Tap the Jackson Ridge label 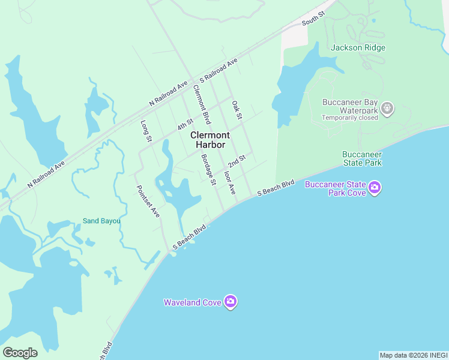tap(358, 47)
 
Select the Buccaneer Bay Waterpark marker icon tap(387, 107)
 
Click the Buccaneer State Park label tap(362, 158)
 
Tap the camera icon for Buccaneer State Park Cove tap(375, 188)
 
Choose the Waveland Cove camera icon tap(231, 302)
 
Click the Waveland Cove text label tap(192, 302)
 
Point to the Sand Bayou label tap(101, 221)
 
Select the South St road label tap(313, 20)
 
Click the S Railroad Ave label tap(219, 70)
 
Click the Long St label tap(145, 131)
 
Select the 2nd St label tap(237, 161)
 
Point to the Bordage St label tap(208, 170)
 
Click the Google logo tap(20, 353)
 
